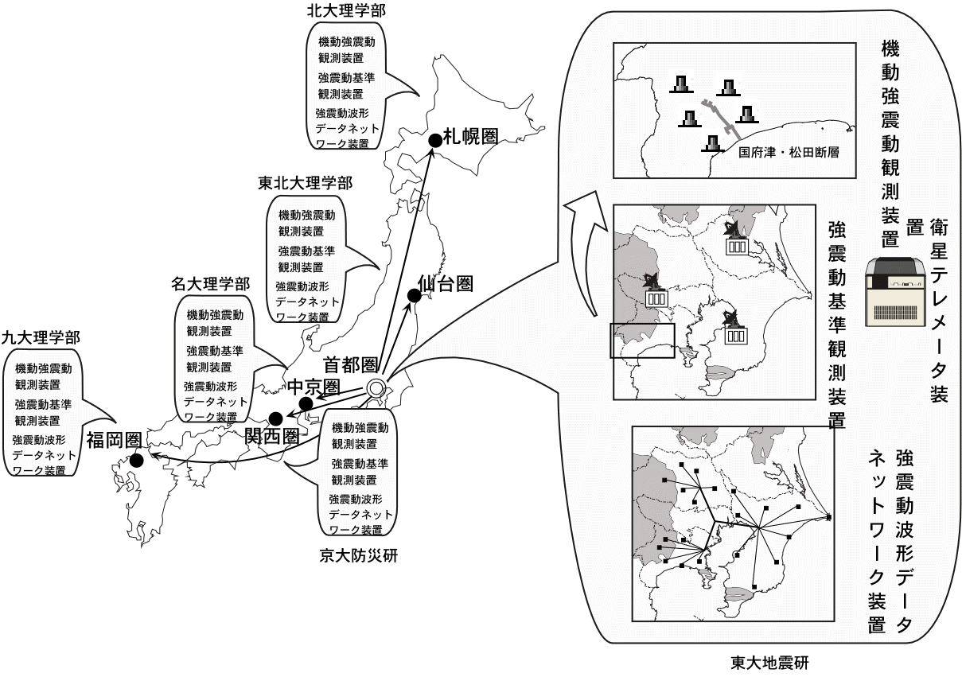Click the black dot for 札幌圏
pos(434,140)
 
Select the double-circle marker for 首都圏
pos(376,389)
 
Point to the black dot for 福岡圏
pos(136,460)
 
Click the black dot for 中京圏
pos(306,404)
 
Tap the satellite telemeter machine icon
pos(896,289)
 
